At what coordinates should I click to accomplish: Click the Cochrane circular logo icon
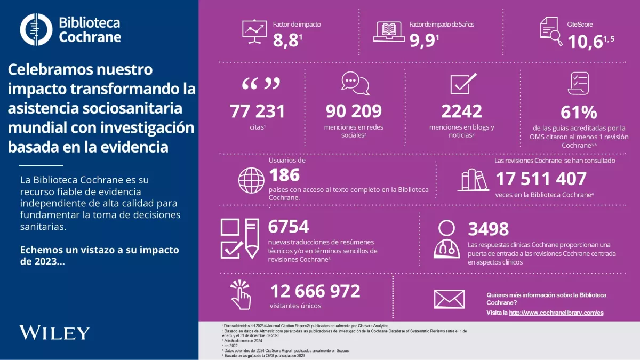(x=36, y=29)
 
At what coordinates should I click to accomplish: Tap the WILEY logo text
(x=54, y=332)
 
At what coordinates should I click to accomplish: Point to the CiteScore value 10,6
(x=585, y=42)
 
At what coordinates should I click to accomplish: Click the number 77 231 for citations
(x=257, y=111)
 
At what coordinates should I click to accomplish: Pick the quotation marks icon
(x=261, y=84)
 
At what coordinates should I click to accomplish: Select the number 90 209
(x=354, y=111)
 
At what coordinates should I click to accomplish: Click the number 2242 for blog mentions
(x=461, y=111)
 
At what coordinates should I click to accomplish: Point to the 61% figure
(x=579, y=113)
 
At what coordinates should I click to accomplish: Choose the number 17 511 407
(x=541, y=179)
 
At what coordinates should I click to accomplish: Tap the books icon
(x=473, y=180)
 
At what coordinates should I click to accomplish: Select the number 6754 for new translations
(x=288, y=227)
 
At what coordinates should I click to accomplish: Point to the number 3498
(x=488, y=229)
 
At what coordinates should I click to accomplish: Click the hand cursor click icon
(x=241, y=294)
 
